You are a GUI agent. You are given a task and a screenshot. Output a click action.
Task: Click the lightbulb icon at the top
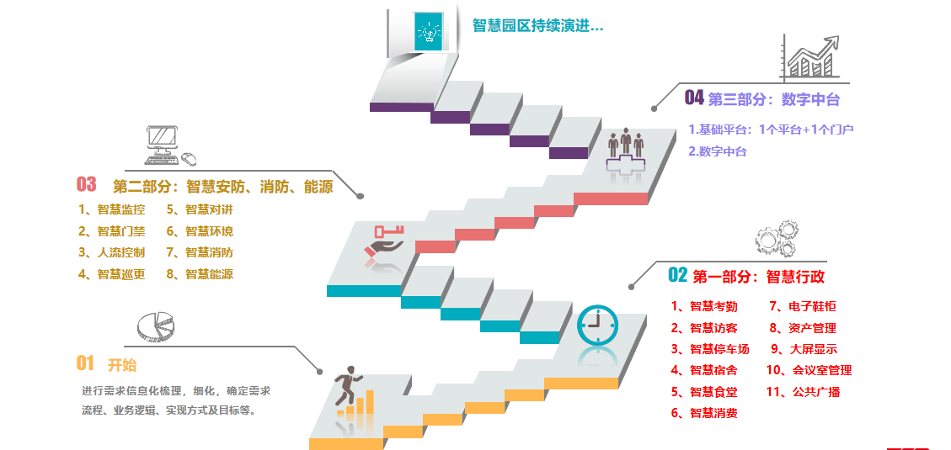tap(429, 31)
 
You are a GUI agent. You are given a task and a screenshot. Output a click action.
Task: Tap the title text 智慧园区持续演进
tap(537, 26)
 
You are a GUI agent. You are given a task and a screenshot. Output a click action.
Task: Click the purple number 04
tap(694, 98)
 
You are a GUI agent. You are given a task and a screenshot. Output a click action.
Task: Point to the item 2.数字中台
tap(718, 151)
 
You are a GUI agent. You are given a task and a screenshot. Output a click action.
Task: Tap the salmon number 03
tap(87, 184)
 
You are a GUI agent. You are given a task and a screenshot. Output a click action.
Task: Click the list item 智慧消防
tap(200, 252)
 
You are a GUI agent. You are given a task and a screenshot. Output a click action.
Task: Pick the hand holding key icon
tap(382, 243)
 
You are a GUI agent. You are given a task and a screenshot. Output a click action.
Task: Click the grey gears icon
tap(777, 239)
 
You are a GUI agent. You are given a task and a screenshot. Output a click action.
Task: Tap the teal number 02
tap(677, 275)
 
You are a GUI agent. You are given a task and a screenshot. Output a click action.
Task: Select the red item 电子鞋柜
tap(803, 306)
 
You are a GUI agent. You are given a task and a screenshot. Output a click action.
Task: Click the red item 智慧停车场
tap(710, 349)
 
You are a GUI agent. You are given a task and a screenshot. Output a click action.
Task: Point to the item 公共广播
tap(803, 391)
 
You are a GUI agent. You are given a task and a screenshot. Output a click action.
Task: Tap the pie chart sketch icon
tap(155, 327)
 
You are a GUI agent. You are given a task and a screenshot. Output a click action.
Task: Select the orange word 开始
tap(122, 365)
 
